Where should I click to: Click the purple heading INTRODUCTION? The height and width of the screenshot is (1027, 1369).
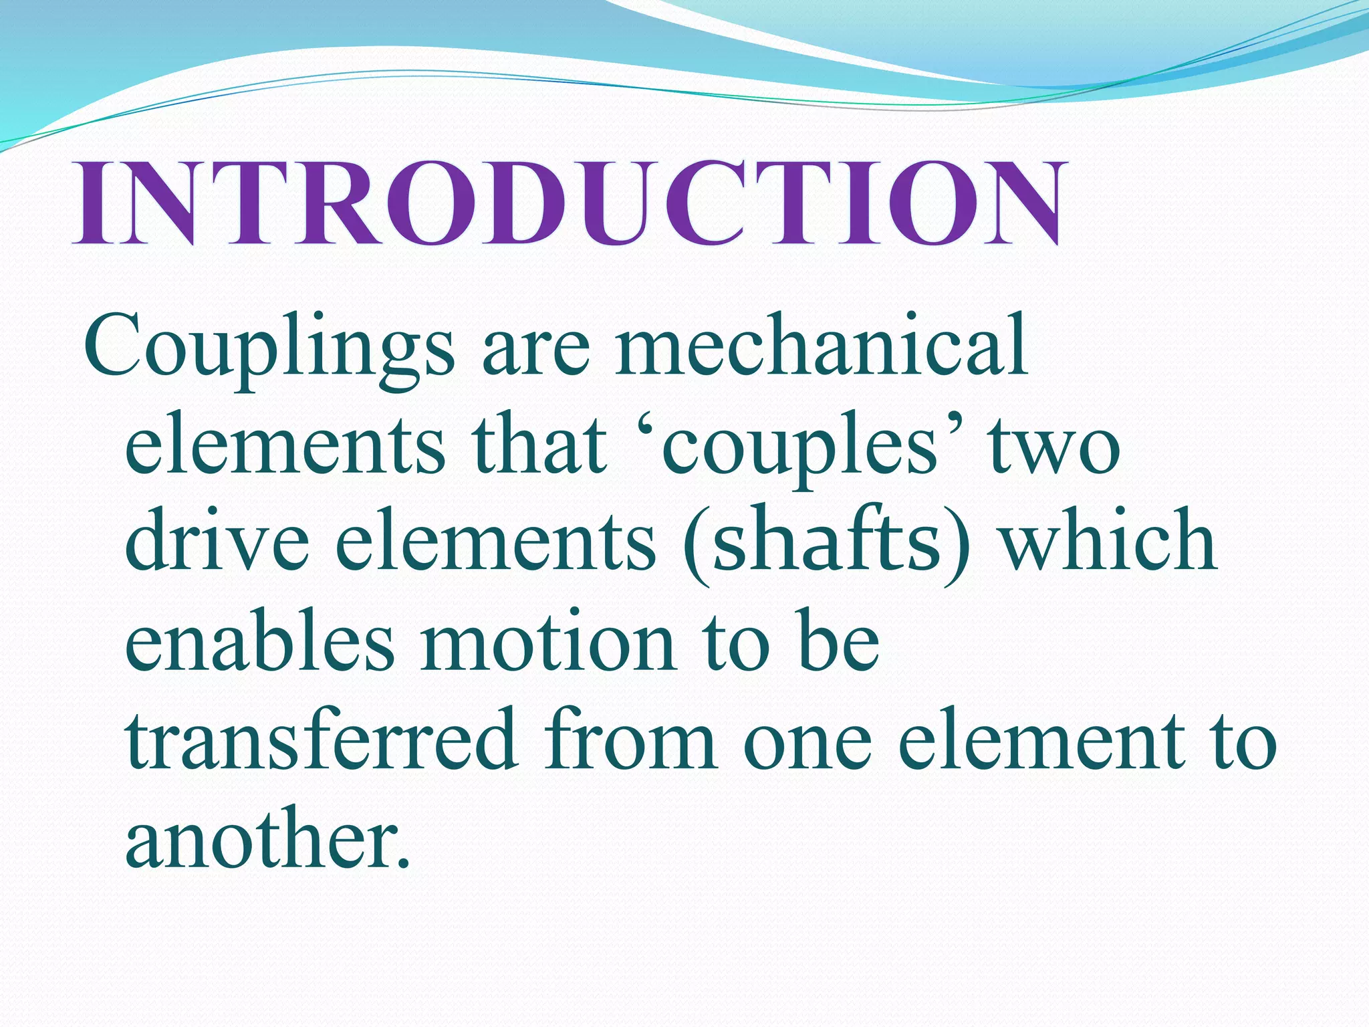567,203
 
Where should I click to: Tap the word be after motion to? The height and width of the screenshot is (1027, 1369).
839,642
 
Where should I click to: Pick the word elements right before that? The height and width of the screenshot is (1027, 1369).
285,445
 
